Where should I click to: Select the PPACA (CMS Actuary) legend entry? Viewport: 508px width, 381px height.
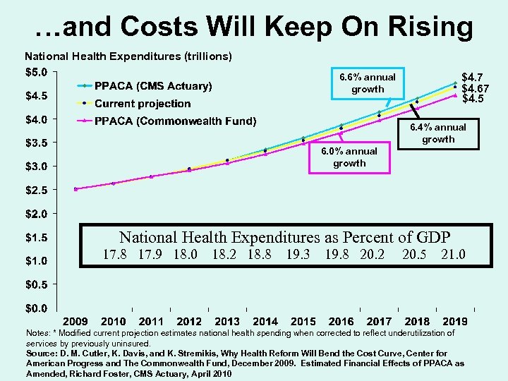pyautogui.click(x=152, y=86)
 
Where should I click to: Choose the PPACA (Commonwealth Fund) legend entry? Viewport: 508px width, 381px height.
pyautogui.click(x=175, y=121)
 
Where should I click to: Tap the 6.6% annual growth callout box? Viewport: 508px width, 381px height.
pyautogui.click(x=368, y=83)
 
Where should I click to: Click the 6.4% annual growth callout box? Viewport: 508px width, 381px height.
pyautogui.click(x=438, y=133)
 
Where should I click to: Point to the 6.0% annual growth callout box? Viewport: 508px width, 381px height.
pyautogui.click(x=349, y=157)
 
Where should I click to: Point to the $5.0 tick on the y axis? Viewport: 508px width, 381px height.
pyautogui.click(x=37, y=71)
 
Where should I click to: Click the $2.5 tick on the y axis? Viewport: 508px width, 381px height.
pyautogui.click(x=37, y=190)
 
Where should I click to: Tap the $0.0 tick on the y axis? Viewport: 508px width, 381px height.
pyautogui.click(x=37, y=308)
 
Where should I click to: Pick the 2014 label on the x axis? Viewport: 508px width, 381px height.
pyautogui.click(x=265, y=322)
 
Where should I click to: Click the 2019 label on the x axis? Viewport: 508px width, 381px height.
pyautogui.click(x=455, y=322)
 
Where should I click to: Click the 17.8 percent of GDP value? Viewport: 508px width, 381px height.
pyautogui.click(x=115, y=254)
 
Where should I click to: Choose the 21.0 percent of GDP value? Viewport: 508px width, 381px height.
pyautogui.click(x=452, y=254)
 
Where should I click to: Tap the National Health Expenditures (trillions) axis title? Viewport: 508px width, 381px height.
pyautogui.click(x=128, y=55)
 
